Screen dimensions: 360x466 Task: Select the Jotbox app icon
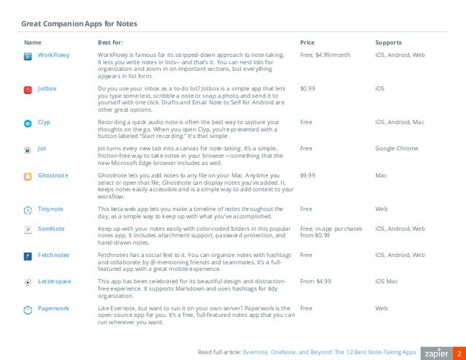point(27,89)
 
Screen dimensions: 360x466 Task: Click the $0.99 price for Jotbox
point(308,88)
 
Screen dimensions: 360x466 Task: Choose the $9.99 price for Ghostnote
point(308,176)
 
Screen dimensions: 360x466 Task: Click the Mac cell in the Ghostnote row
point(381,176)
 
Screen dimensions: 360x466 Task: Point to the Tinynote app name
point(51,209)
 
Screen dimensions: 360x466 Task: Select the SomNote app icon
point(27,229)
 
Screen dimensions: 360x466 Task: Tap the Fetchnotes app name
point(54,256)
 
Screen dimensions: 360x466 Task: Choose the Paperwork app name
point(53,308)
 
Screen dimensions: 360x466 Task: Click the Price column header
point(307,42)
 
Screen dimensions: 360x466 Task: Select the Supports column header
point(388,42)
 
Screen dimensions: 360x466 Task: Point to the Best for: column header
point(110,42)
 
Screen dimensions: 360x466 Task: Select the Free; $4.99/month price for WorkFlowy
point(325,55)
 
